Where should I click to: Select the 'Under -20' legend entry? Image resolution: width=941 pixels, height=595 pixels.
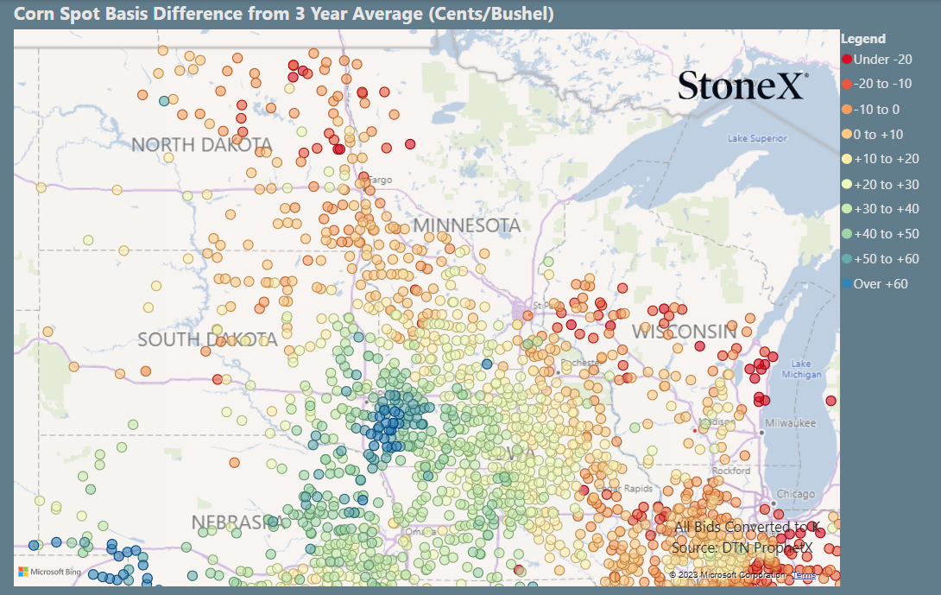(x=877, y=60)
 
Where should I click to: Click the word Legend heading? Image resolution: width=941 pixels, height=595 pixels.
(x=862, y=39)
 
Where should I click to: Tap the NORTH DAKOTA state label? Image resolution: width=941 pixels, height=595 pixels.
(x=201, y=145)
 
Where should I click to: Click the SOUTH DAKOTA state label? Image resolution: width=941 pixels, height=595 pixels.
(x=207, y=339)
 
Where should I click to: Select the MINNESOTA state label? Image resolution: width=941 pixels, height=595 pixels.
(x=467, y=226)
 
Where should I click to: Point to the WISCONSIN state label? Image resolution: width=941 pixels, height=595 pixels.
(x=685, y=332)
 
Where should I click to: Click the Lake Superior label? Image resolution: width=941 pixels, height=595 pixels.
(x=756, y=138)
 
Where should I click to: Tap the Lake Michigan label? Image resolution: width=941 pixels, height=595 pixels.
(x=795, y=369)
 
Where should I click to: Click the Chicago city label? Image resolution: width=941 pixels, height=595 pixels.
(x=795, y=494)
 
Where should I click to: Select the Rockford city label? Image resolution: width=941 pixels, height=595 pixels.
(x=731, y=471)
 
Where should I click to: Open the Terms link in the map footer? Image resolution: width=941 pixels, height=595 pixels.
(x=804, y=575)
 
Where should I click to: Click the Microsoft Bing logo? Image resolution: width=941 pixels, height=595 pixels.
(x=49, y=572)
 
